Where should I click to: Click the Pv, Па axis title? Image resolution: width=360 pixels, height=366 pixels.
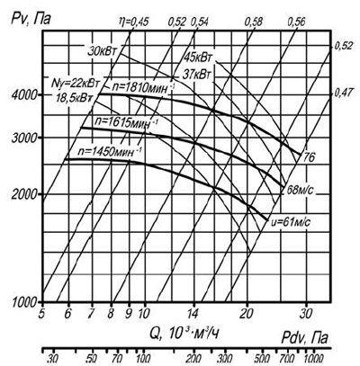coord(31,19)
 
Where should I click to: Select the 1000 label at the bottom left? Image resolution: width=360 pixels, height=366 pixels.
coord(24,302)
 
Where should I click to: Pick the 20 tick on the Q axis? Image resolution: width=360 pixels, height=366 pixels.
coord(247,313)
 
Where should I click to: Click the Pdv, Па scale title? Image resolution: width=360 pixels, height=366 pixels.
coord(304,338)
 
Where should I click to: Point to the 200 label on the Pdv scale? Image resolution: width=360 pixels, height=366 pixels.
coord(195,357)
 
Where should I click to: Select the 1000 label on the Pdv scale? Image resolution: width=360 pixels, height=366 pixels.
coord(313,357)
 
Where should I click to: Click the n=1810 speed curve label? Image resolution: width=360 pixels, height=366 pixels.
coord(143,87)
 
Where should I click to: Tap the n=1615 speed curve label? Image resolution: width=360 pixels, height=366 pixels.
coord(125,122)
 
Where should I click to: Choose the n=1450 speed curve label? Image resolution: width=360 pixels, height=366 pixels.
coord(109,151)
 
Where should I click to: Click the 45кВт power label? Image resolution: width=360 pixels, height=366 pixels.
coord(196,57)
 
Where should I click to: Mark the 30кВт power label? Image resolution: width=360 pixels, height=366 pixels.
coord(101,50)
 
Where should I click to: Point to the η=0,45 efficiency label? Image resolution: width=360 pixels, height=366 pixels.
coord(133,22)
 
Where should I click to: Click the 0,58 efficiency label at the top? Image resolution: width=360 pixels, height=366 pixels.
coord(253,22)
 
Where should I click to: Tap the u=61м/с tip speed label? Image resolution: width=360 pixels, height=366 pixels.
coord(289,222)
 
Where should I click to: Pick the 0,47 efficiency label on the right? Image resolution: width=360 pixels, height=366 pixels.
coord(343,94)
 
